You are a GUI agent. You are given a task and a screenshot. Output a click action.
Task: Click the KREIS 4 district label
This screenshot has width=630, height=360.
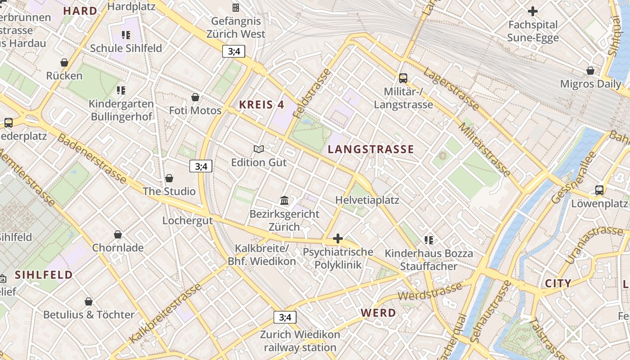(x=261, y=105)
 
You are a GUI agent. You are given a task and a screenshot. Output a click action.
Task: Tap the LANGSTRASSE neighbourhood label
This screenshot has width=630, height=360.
(x=371, y=149)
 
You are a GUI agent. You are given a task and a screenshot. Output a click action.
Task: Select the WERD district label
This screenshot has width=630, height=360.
(x=378, y=313)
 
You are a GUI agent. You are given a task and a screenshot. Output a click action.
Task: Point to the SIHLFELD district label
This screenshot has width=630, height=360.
(x=44, y=274)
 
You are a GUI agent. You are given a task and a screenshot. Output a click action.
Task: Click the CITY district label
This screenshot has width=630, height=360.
(x=558, y=283)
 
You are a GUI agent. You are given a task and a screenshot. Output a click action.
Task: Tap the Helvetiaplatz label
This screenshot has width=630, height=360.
(x=367, y=200)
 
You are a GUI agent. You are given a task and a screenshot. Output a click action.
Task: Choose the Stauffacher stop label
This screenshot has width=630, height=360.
(x=428, y=266)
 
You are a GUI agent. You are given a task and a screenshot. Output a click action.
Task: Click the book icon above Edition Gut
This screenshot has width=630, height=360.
(x=259, y=149)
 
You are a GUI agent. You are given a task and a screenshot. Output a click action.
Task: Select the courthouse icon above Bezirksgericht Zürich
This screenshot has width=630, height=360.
(x=284, y=200)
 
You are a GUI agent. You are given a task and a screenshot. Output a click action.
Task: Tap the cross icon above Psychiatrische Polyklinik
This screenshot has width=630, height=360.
(x=338, y=238)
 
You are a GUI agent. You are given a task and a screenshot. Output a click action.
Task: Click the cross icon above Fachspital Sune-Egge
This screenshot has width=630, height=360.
(x=533, y=11)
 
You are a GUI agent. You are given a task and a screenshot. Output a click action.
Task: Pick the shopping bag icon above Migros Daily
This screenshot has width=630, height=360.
(x=590, y=71)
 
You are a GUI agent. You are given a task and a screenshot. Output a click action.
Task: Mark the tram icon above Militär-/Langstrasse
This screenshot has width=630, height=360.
(x=403, y=78)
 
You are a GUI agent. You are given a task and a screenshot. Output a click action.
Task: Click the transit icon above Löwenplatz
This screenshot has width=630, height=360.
(x=599, y=190)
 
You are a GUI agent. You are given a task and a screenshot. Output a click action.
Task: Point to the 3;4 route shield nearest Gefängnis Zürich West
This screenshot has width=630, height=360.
(x=234, y=51)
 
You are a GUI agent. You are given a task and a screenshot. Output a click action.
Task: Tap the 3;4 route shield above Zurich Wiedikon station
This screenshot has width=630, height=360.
(x=285, y=317)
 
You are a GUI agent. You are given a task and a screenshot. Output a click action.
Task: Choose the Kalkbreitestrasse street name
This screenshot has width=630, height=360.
(x=165, y=314)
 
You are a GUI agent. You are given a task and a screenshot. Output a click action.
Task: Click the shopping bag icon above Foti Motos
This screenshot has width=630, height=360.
(x=195, y=97)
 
